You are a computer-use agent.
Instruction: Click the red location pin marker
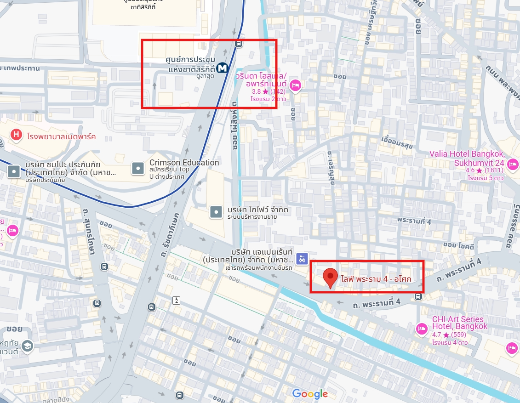pos(330,278)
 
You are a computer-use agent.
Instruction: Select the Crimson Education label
pos(184,163)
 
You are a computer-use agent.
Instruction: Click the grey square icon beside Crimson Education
pos(138,169)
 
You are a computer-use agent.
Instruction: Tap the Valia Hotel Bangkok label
pos(467,158)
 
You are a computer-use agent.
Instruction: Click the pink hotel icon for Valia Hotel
pos(513,164)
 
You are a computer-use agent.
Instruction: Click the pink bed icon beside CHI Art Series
pos(421,329)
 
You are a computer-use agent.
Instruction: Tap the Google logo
pos(310,394)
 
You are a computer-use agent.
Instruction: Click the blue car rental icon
pos(302,259)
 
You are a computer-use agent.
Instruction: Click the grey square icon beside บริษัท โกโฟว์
pos(216,212)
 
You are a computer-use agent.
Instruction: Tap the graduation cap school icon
pos(28,346)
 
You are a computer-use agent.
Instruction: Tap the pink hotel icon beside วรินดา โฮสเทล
pos(296,85)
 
